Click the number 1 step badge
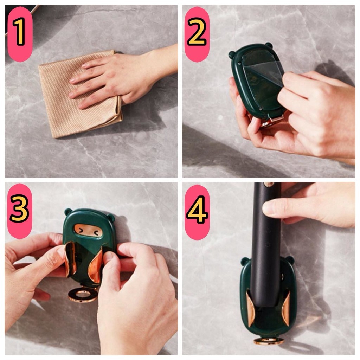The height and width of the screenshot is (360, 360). tap(20, 34)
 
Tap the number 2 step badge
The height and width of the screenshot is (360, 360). tap(197, 34)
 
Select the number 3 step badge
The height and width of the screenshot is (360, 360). tap(20, 211)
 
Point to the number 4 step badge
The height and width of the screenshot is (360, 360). tap(197, 212)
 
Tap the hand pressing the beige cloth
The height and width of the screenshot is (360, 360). tap(120, 76)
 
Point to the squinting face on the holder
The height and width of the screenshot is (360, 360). tap(88, 230)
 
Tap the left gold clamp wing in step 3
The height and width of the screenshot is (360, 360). tap(70, 259)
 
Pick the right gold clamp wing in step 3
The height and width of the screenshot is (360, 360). tap(96, 265)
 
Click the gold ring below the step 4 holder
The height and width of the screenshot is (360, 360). tap(269, 341)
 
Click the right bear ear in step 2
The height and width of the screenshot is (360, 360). tap(269, 45)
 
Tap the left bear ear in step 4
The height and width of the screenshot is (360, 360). tap(245, 261)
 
